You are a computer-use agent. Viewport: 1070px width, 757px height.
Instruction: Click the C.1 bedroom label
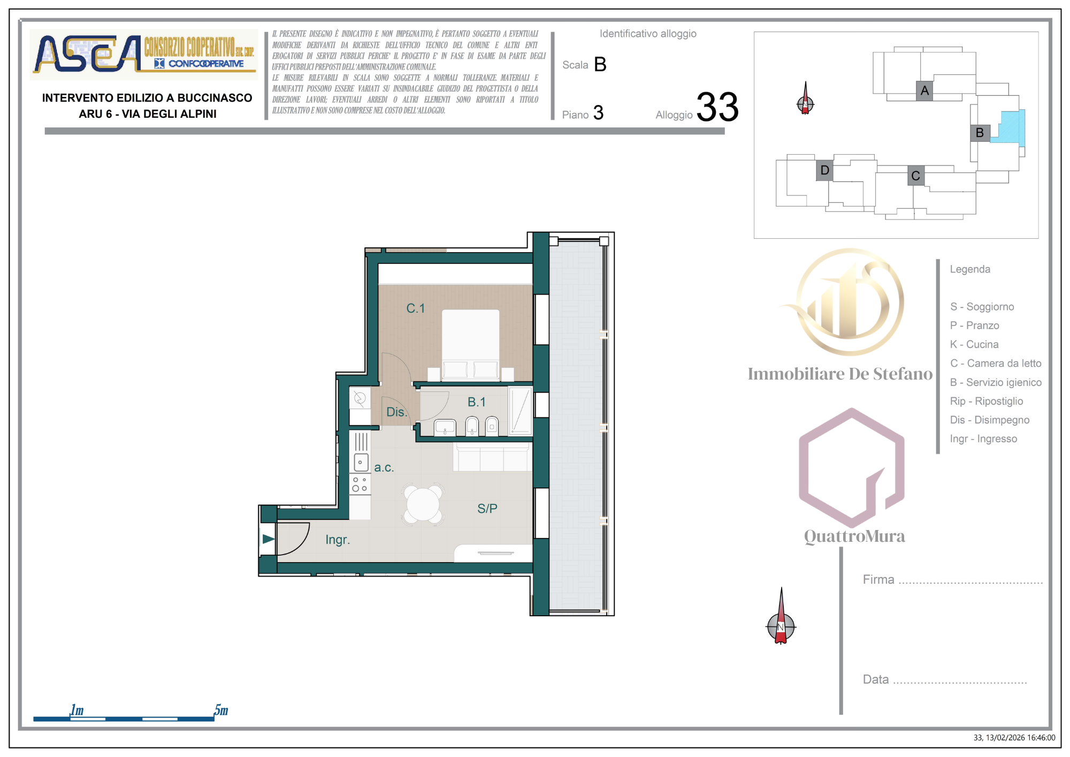pyautogui.click(x=415, y=308)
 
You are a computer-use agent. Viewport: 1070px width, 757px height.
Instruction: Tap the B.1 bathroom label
pyautogui.click(x=476, y=402)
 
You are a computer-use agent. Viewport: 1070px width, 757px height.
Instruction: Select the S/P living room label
pyautogui.click(x=487, y=509)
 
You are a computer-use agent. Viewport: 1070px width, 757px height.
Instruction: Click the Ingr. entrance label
pyautogui.click(x=338, y=540)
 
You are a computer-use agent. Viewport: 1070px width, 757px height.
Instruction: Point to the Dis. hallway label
pyautogui.click(x=396, y=412)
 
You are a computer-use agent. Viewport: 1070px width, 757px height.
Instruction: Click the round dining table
pyautogui.click(x=423, y=504)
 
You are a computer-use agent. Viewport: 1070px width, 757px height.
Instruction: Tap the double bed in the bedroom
pyautogui.click(x=470, y=343)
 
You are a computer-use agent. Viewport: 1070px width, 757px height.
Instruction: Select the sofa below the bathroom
pyautogui.click(x=491, y=458)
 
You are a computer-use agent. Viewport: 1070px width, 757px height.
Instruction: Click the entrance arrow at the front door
pyautogui.click(x=268, y=539)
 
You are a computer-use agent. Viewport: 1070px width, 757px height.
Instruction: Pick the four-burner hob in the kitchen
pyautogui.click(x=360, y=485)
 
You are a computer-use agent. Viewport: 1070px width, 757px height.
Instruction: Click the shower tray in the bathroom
pyautogui.click(x=520, y=411)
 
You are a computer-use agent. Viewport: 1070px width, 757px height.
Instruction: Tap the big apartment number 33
pyautogui.click(x=717, y=107)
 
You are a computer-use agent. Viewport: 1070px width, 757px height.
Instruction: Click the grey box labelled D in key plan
pyautogui.click(x=824, y=170)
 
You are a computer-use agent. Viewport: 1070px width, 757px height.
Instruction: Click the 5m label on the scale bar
pyautogui.click(x=221, y=710)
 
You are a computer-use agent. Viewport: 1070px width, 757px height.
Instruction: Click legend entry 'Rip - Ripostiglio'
pyautogui.click(x=986, y=401)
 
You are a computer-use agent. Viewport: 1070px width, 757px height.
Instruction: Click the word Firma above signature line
pyautogui.click(x=878, y=580)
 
